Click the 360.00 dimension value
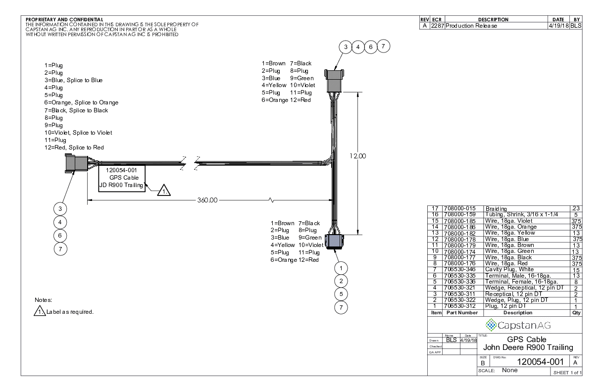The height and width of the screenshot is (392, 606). point(207,200)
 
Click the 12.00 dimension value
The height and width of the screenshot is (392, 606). point(357,156)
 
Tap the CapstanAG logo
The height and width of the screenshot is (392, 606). point(518,325)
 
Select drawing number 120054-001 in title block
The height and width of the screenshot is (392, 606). point(540,362)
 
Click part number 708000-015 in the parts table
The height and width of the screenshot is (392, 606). point(459,208)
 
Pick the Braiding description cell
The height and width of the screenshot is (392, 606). point(496,208)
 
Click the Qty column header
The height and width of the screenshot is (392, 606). point(576,313)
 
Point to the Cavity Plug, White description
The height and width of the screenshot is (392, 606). point(509,269)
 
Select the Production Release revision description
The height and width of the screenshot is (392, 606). point(471,26)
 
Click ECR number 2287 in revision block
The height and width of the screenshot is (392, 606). point(437,26)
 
